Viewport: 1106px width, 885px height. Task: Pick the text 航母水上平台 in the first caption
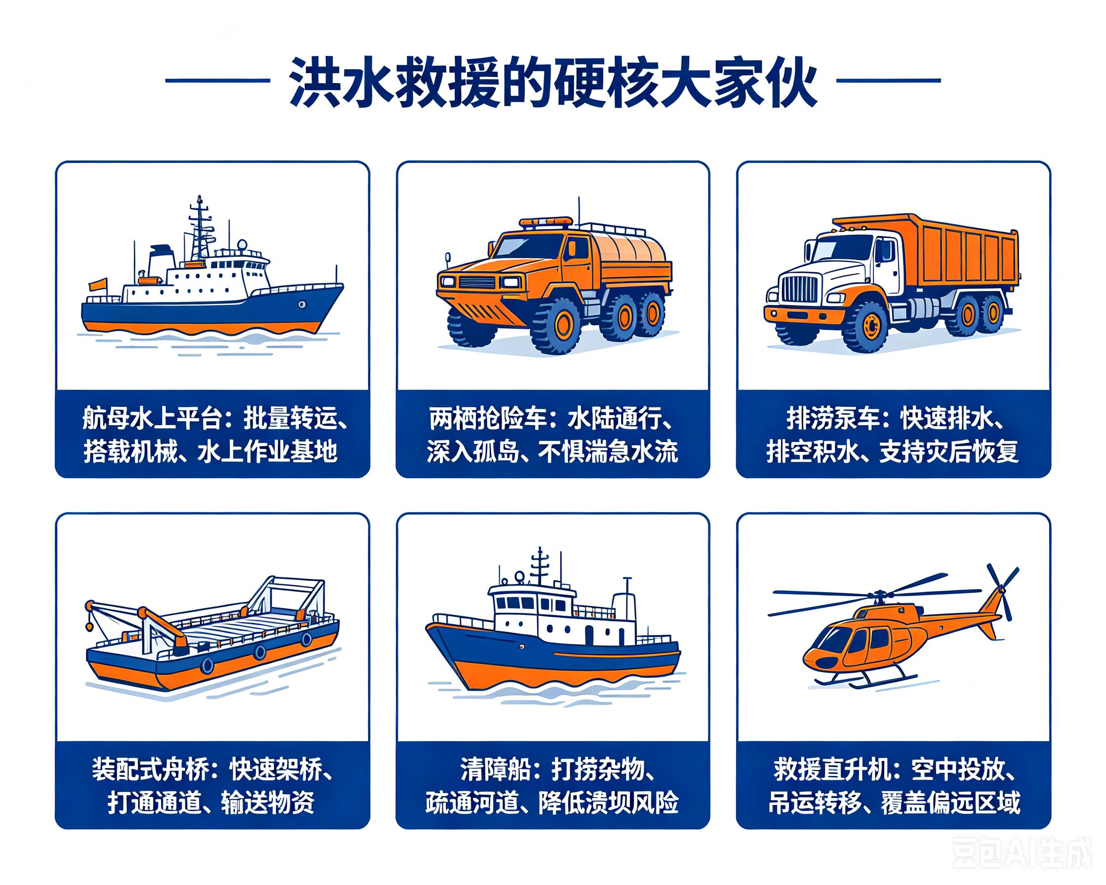(x=152, y=419)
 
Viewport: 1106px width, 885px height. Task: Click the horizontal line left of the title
(x=218, y=80)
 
